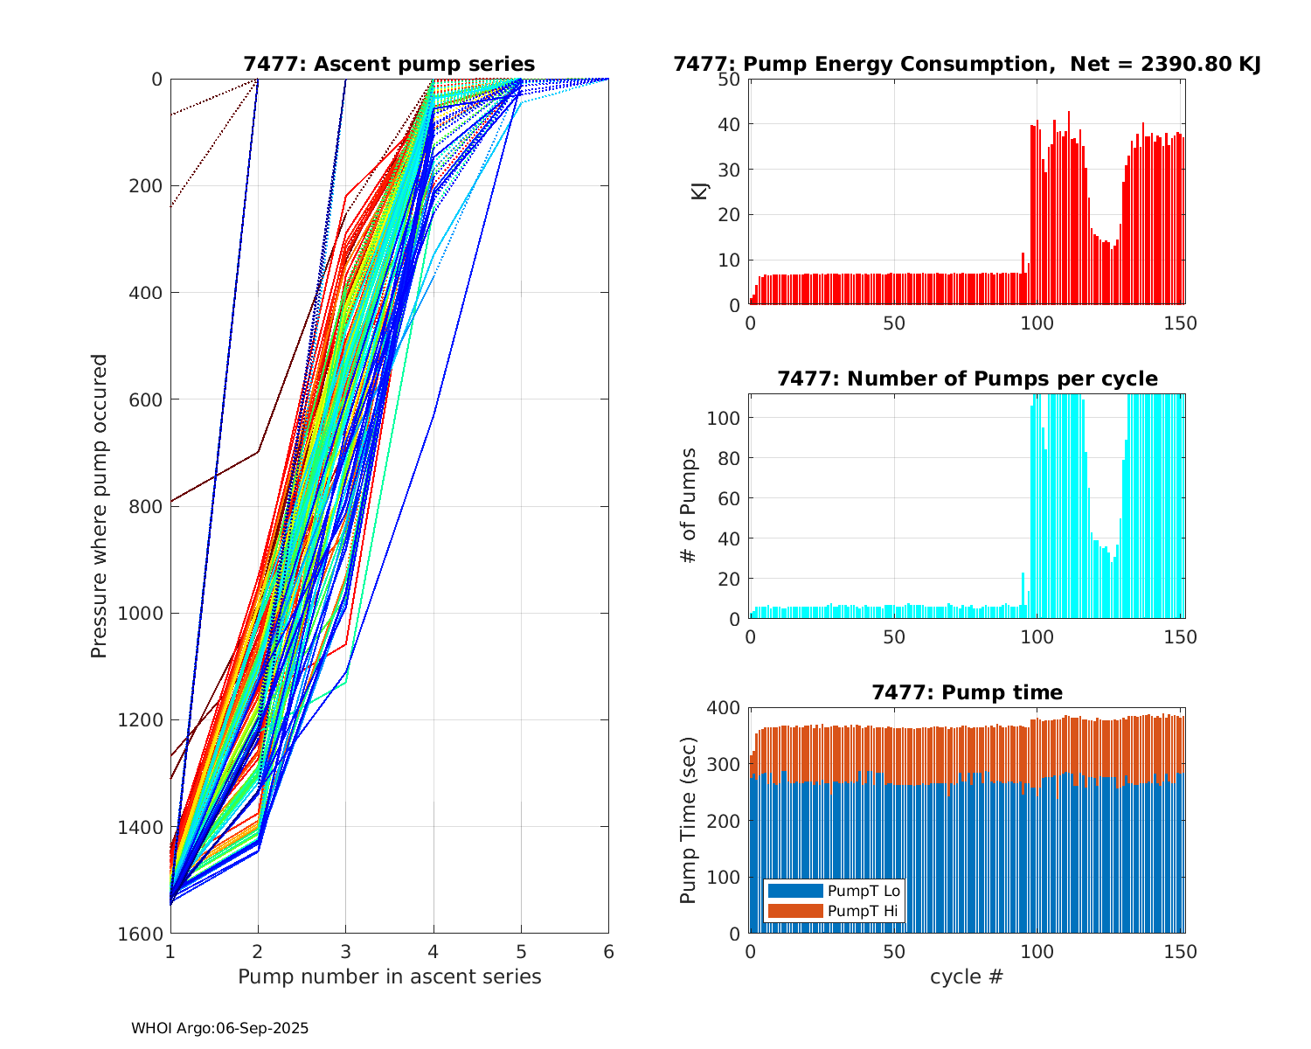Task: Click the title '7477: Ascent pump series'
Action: (x=389, y=64)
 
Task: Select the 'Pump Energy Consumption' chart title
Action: (x=967, y=64)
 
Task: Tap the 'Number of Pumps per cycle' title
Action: (x=967, y=379)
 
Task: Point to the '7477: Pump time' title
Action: (x=967, y=692)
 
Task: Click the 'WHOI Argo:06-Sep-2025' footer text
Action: (x=220, y=1028)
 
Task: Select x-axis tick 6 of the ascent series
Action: (x=608, y=951)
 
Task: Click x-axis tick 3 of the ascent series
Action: (x=345, y=951)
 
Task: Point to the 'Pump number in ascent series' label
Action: (x=389, y=976)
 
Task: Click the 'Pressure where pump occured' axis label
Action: (x=99, y=506)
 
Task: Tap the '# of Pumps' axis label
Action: (x=690, y=506)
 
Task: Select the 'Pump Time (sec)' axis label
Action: (x=689, y=820)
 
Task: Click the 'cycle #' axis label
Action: (x=967, y=976)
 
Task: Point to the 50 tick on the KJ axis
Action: (x=730, y=79)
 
